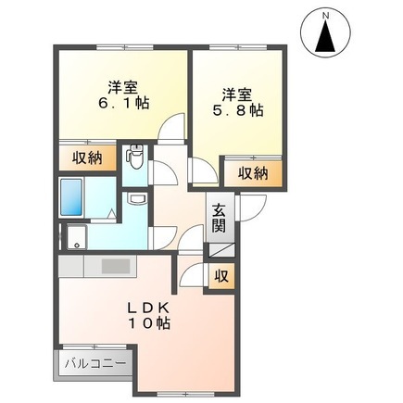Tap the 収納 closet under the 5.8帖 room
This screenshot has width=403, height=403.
(x=253, y=172)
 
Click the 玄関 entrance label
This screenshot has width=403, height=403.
(x=219, y=218)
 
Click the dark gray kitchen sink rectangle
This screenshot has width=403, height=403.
(x=117, y=265)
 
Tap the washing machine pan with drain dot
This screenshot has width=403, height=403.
(x=76, y=236)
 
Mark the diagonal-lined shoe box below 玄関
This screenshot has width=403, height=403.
(x=220, y=247)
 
